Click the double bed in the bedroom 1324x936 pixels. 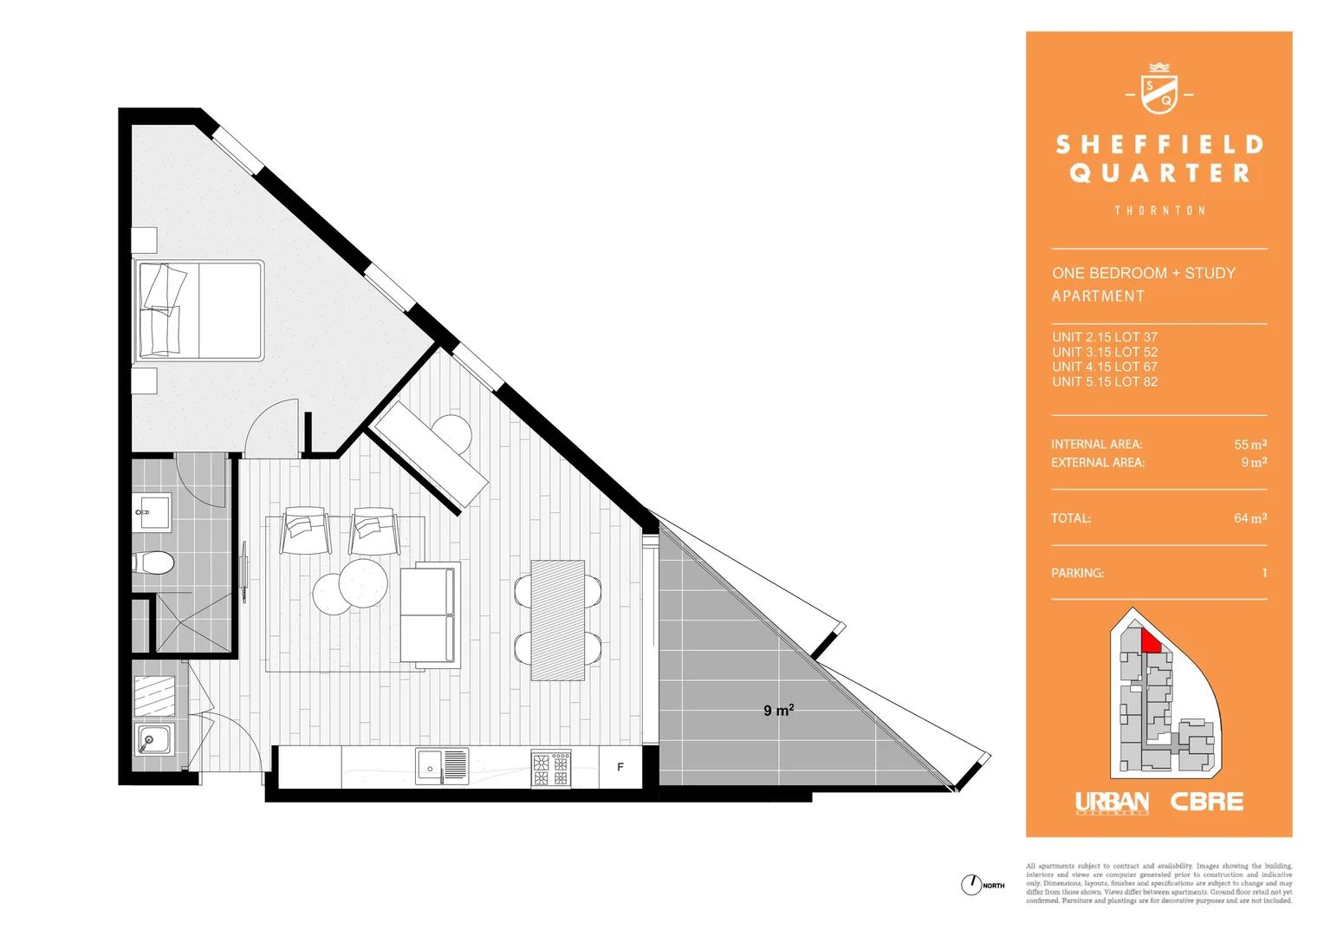coord(199,310)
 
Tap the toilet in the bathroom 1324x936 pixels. coord(156,562)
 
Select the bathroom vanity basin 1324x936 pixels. coord(153,512)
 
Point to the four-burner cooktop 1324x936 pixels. coord(551,769)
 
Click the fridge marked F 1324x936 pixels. coord(620,767)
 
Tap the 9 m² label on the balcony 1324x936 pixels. coord(778,711)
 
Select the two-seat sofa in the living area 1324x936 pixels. coord(428,615)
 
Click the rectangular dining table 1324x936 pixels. coord(557,620)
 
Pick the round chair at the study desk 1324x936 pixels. coord(451,433)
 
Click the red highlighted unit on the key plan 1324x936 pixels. coord(1151,641)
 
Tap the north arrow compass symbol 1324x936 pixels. coord(970,885)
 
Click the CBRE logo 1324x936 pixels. coord(1206,803)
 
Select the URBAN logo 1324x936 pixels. coord(1112,803)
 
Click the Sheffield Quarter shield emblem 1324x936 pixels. coord(1158,90)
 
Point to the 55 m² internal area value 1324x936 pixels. coord(1250,445)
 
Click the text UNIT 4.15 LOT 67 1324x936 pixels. coord(1105,367)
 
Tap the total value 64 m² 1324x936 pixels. coord(1250,518)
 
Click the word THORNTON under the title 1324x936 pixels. coord(1159,211)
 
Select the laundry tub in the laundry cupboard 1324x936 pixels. coord(154,739)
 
